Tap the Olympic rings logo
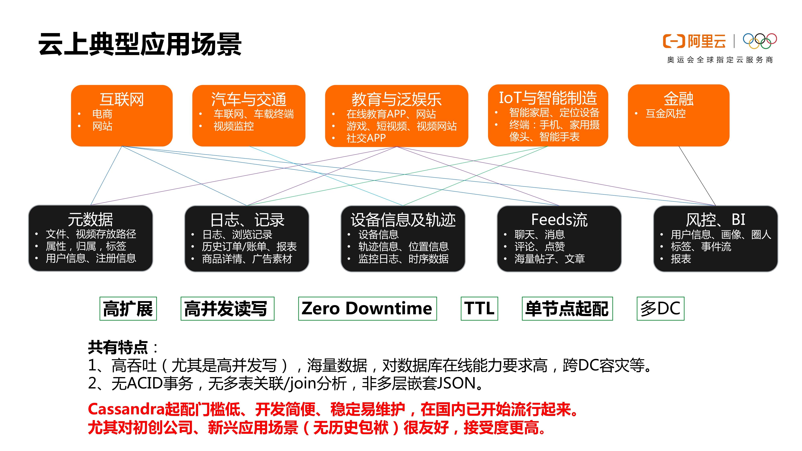coord(760,41)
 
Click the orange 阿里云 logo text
coord(706,41)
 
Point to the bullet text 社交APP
coord(366,138)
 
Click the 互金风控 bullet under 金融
coord(666,114)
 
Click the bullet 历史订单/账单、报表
coord(249,247)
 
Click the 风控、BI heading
coord(715,220)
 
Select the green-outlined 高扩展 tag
coord(128,308)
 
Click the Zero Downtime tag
coord(367,308)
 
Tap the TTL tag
coord(479,308)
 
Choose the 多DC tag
coord(660,308)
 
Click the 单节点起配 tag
coord(567,308)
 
